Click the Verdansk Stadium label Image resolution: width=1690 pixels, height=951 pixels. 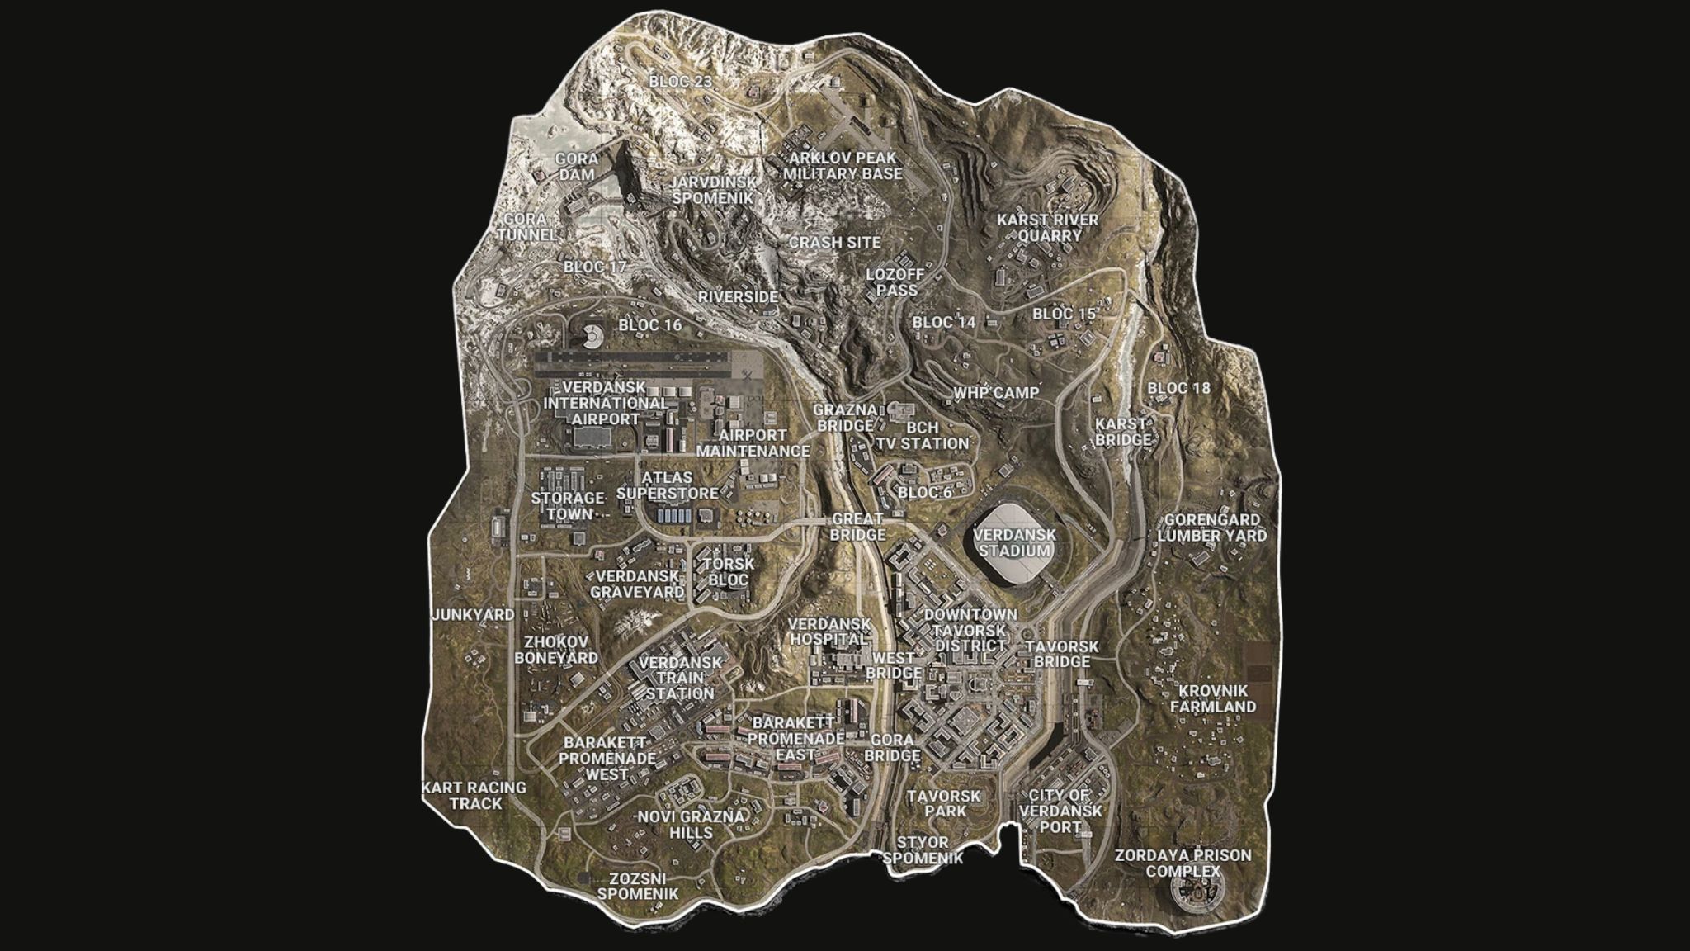click(1013, 542)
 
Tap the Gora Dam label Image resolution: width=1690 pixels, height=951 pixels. click(577, 166)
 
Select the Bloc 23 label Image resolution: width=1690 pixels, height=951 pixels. click(680, 82)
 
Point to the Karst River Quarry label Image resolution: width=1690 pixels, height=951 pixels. click(1047, 228)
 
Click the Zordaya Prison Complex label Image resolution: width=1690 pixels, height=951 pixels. click(1183, 863)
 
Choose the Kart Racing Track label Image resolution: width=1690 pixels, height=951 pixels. click(474, 795)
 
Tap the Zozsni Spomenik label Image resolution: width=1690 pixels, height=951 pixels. click(638, 887)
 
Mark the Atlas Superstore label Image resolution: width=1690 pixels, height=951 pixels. click(668, 485)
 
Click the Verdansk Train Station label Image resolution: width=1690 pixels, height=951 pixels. click(680, 678)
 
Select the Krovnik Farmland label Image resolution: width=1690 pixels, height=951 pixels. click(1213, 698)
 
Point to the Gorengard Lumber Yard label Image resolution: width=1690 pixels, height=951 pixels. click(1211, 528)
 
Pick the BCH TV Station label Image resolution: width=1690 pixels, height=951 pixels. click(922, 435)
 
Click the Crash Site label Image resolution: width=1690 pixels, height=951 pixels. click(834, 243)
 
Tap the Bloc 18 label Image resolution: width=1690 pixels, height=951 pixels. click(1178, 388)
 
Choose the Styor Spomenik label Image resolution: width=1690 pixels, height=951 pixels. click(923, 849)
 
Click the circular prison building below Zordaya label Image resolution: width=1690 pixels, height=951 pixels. click(1196, 892)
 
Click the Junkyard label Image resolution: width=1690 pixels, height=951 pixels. click(473, 615)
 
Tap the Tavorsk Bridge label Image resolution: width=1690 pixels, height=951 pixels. click(1062, 654)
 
